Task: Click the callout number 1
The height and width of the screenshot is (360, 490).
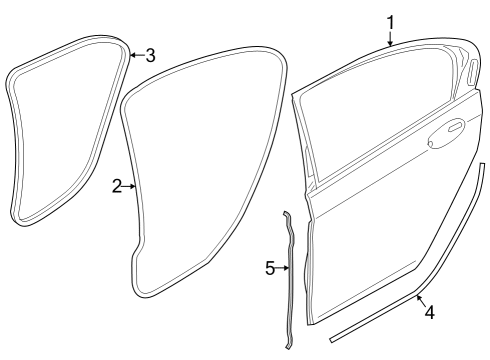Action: pos(390,20)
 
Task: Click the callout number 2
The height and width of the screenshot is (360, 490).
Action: pos(116,185)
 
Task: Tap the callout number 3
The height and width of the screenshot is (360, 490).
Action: pos(150,55)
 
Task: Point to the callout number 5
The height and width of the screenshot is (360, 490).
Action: pos(269,268)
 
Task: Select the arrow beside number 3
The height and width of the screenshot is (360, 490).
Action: pos(137,55)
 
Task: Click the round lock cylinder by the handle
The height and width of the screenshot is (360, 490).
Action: pos(429,144)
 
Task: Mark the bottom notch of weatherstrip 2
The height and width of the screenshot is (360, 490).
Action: pos(136,262)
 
